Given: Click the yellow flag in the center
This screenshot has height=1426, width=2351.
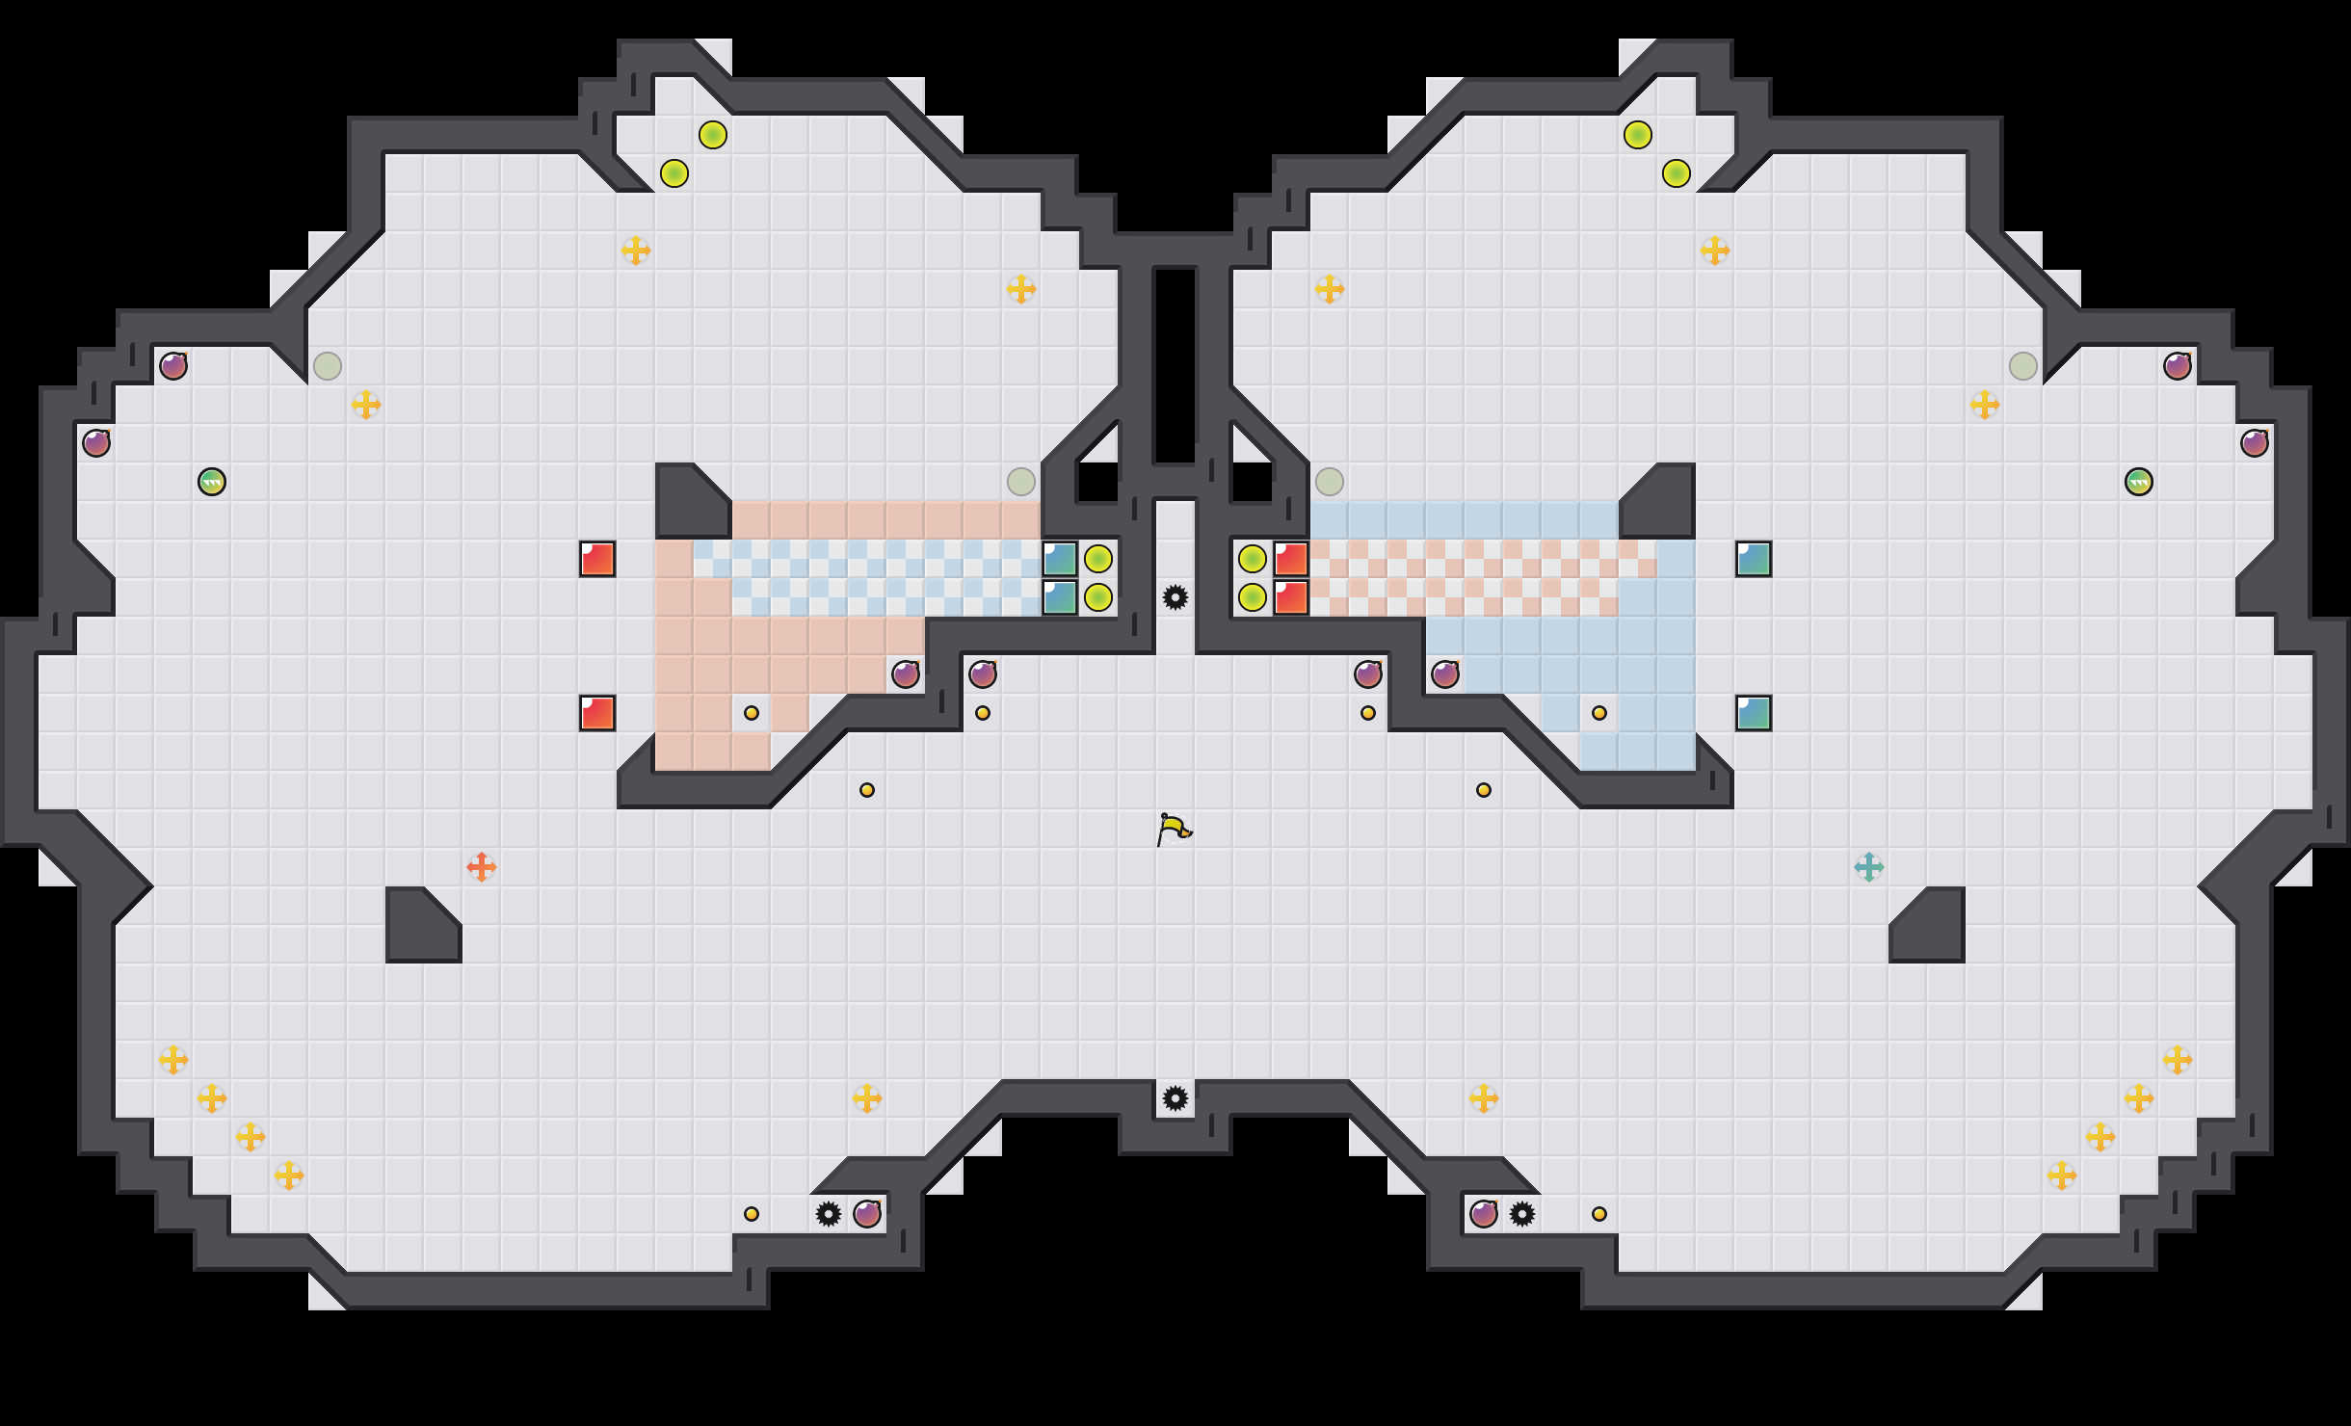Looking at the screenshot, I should (1174, 829).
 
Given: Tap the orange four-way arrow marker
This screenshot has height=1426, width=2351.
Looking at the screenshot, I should (482, 867).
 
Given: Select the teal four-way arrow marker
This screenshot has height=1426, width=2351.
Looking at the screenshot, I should (1869, 867).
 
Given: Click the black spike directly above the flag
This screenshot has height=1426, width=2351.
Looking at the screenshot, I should (1175, 597).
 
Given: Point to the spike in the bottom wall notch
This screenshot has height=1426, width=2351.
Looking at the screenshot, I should (1175, 1098).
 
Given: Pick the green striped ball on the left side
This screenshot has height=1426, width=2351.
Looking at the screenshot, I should (212, 482).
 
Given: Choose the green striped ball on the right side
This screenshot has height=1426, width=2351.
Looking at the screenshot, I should (2139, 482).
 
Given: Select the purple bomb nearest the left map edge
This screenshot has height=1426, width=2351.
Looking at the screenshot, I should (96, 443).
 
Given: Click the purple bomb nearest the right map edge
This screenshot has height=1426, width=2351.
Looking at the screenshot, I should (2255, 443).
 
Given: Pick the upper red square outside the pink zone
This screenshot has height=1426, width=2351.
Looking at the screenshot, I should (597, 559).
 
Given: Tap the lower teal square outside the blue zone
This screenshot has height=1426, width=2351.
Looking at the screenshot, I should (1754, 713).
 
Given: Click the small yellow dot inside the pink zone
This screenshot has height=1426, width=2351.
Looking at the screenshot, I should (752, 713).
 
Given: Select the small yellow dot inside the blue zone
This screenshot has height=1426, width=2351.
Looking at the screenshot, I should (1599, 713).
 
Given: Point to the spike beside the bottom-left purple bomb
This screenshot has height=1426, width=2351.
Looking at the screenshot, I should (829, 1214).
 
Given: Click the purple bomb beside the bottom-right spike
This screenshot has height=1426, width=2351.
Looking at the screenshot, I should (1484, 1214).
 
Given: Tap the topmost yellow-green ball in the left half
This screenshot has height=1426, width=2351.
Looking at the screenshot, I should (713, 135).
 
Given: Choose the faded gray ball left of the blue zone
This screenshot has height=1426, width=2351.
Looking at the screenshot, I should (1330, 482).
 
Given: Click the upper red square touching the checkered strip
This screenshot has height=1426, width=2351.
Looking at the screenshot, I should (1291, 559).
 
